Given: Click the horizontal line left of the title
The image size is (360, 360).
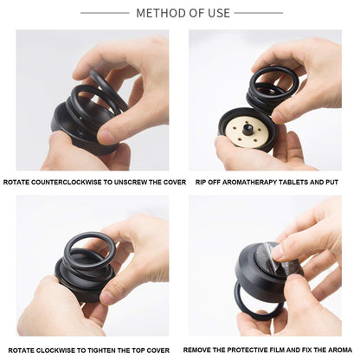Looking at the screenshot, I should [x=105, y=13].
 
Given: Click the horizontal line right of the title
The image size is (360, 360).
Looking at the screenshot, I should [x=258, y=13].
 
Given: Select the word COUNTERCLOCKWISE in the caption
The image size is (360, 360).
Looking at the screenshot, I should [x=67, y=183].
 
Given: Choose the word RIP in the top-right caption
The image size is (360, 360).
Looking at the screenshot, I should [x=202, y=183].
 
